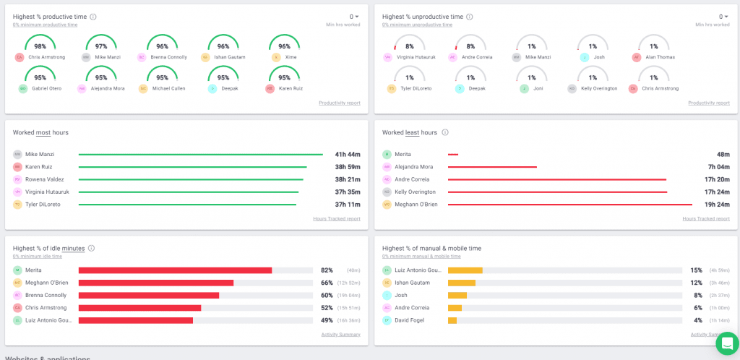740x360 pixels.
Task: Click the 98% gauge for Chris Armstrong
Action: (40, 45)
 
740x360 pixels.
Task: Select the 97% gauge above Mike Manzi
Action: (101, 45)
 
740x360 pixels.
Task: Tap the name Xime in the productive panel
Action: (291, 57)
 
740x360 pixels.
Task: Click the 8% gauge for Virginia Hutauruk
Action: (409, 45)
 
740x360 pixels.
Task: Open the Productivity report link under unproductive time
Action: (707, 103)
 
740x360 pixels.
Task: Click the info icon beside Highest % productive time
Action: (92, 17)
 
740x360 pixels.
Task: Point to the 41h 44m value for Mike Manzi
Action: (347, 154)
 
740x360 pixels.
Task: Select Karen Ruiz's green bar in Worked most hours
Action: (192, 167)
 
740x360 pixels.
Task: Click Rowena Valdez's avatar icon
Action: (17, 179)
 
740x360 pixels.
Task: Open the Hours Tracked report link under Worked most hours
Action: (336, 218)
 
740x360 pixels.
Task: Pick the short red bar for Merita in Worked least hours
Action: (453, 154)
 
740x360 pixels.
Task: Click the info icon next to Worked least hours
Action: (445, 132)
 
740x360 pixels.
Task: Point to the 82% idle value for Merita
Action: (327, 270)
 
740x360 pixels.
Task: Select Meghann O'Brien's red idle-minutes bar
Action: (155, 283)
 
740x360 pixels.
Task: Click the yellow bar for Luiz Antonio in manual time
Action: (465, 270)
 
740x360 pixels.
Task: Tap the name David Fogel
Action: (410, 320)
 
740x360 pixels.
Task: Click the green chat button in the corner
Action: (726, 343)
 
